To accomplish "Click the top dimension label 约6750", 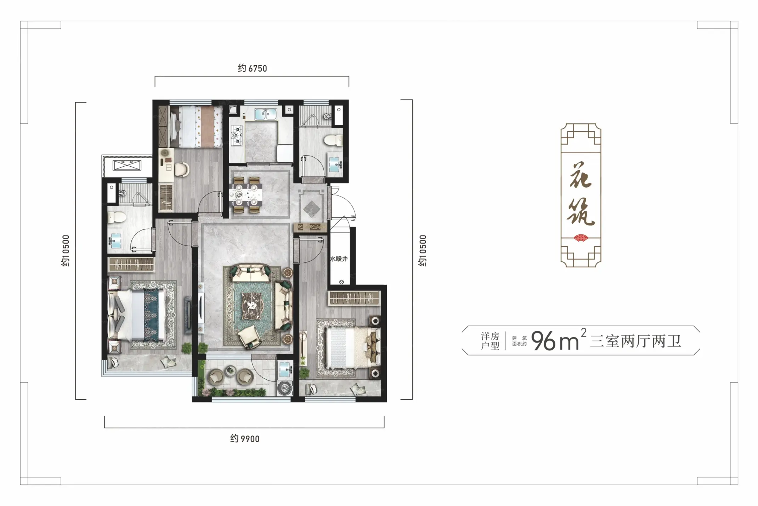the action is pos(252,68).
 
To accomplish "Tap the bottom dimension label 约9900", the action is pos(245,439).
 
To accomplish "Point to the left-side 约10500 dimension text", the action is pos(66,251).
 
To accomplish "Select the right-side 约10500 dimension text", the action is pos(423,251).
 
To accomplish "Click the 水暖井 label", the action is pos(339,259).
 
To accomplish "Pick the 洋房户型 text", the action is pos(490,341).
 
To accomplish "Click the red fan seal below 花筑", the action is pos(581,238).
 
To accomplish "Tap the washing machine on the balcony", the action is pos(285,388).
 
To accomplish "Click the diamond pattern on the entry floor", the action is pos(311,208).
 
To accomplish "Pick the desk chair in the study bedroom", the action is pos(182,169).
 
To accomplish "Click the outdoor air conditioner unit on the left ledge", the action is pos(127,165).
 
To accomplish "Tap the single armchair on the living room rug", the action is pos(249,336).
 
